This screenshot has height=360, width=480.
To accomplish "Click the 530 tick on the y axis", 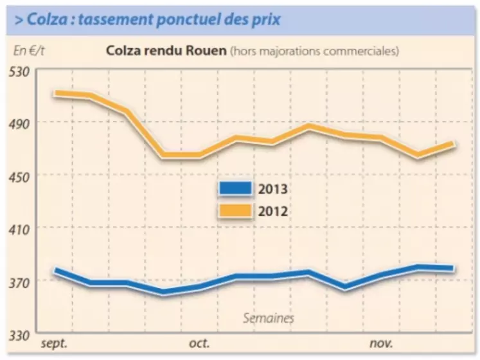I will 23,69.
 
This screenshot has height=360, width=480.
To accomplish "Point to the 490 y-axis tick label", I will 23,122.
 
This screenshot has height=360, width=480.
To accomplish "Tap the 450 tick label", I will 23,175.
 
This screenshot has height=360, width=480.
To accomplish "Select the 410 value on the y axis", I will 23,228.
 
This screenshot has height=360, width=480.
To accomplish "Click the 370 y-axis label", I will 23,281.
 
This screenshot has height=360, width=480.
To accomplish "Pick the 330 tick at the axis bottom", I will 23,335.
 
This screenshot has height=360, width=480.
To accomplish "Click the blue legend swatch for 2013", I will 235,189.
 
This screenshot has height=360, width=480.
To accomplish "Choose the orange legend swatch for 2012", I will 235,210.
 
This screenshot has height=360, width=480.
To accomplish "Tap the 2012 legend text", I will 272,210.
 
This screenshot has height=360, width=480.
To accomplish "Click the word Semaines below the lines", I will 269,318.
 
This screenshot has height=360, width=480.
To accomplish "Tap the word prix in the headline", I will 266,19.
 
